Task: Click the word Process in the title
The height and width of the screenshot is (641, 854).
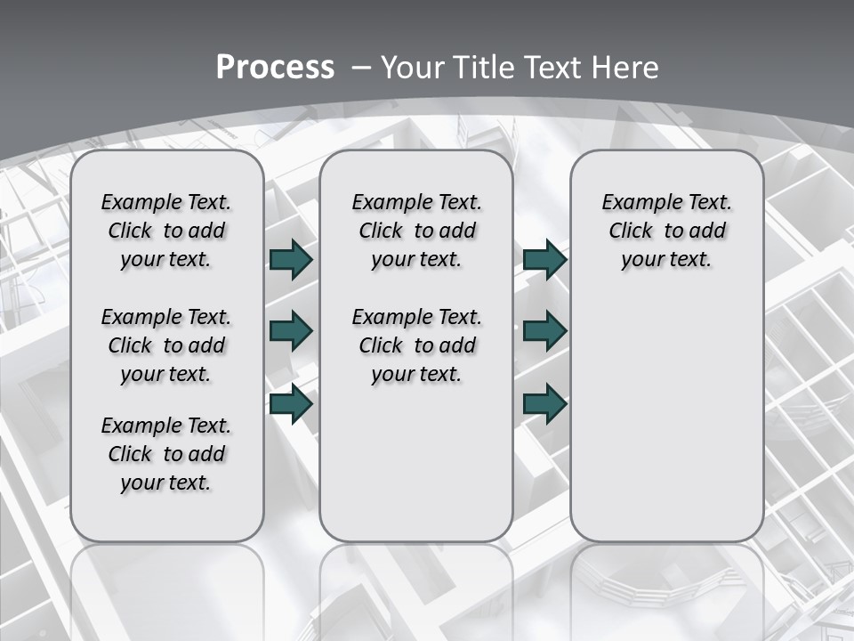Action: click(x=275, y=68)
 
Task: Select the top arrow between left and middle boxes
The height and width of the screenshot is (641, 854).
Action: click(x=291, y=260)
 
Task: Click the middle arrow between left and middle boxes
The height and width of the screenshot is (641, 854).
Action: click(x=291, y=332)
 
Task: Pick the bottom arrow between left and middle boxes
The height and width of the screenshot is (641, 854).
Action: click(x=291, y=404)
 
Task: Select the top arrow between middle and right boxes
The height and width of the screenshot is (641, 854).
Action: click(x=544, y=260)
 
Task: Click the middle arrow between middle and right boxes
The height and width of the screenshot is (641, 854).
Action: click(x=544, y=332)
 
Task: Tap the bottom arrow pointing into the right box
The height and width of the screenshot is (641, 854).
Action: click(x=544, y=404)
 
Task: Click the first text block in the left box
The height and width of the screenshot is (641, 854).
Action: click(x=166, y=231)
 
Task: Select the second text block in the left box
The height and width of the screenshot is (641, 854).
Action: click(x=166, y=345)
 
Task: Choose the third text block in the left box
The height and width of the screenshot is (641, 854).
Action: click(x=166, y=454)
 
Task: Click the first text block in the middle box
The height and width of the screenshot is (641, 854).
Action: click(x=416, y=231)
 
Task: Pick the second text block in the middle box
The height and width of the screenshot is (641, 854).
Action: click(x=416, y=345)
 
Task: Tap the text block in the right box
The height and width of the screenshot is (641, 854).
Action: click(x=667, y=231)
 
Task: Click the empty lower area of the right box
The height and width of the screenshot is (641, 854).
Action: click(x=667, y=427)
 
